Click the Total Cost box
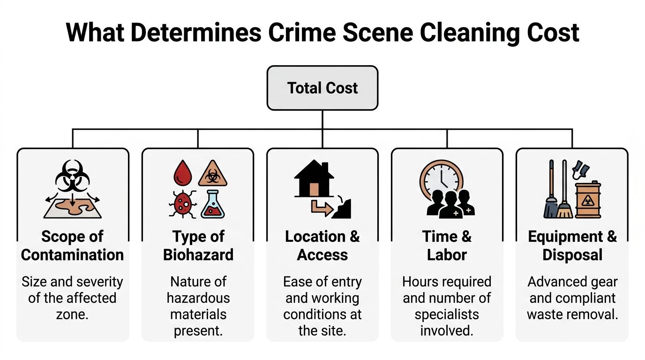coord(322,88)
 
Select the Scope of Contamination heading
coord(73,246)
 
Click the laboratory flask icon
coord(213,206)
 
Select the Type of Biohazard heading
coord(198,246)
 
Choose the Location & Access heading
coord(322,246)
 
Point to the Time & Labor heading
coord(447,246)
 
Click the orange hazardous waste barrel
coord(588,200)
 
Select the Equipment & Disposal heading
coord(572,246)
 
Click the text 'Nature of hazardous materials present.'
coord(198,306)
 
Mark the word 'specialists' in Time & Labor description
coord(447,314)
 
